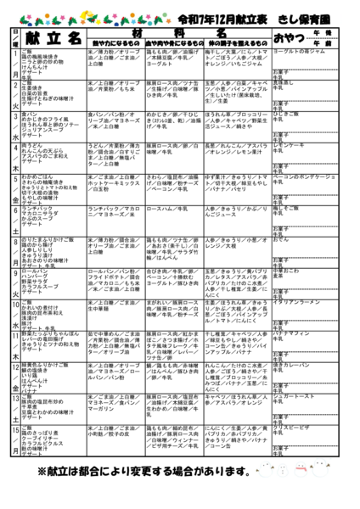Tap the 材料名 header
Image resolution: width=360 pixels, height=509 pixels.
(179, 31)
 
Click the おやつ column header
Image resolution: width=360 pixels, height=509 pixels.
(294, 37)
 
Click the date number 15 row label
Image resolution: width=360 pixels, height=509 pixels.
(15, 430)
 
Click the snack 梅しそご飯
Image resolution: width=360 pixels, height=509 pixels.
(290, 208)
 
